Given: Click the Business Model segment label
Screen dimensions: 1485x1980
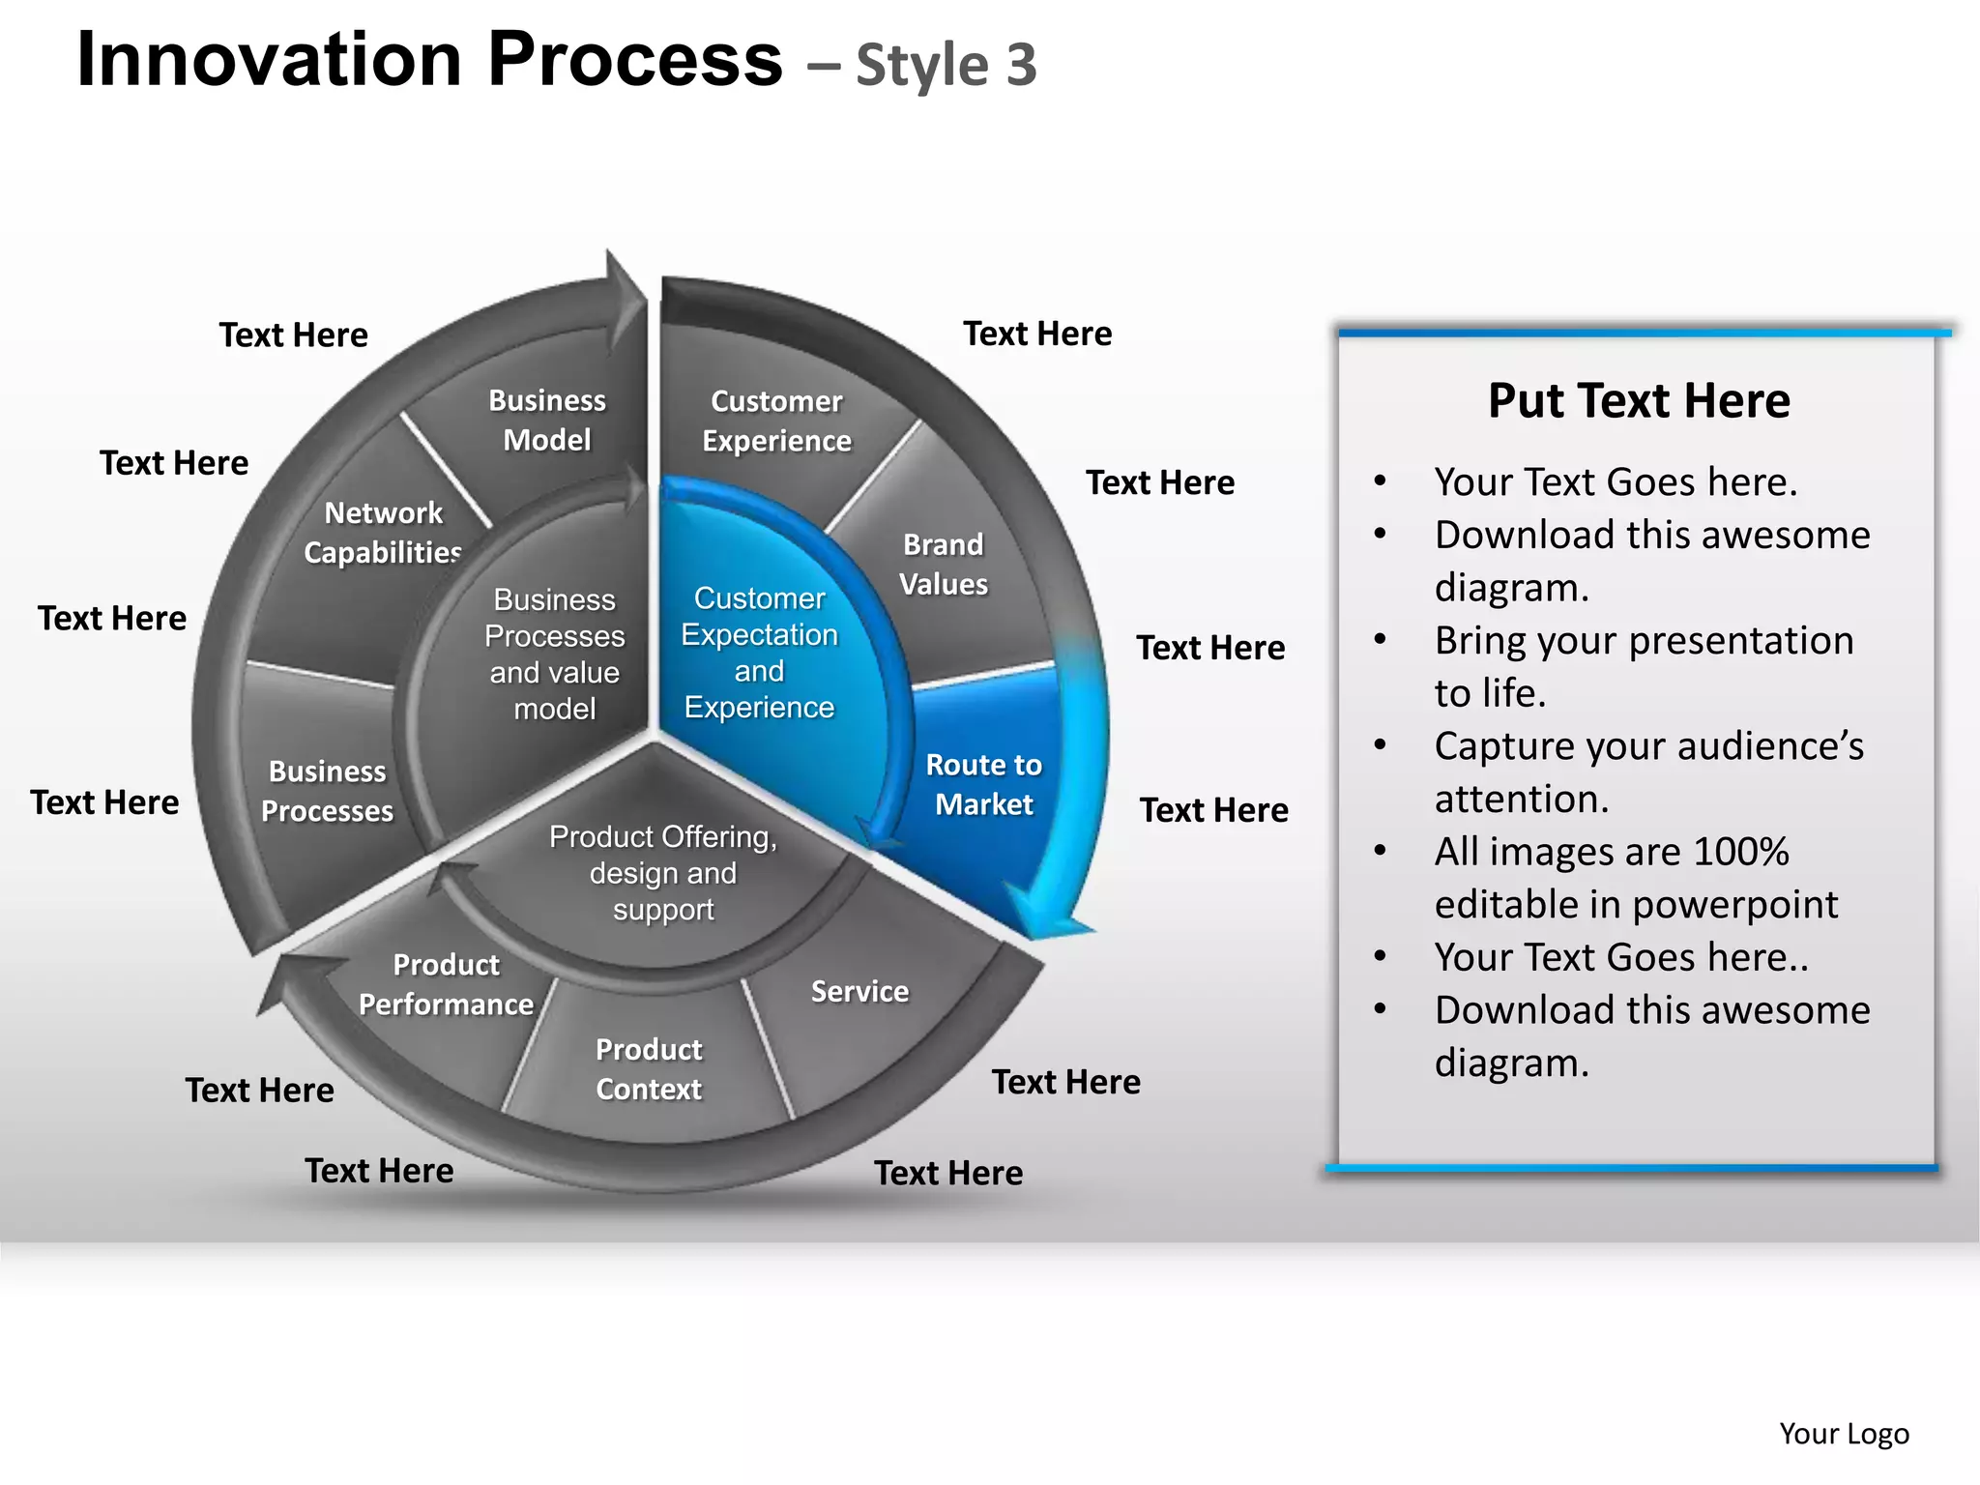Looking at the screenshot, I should [x=546, y=421].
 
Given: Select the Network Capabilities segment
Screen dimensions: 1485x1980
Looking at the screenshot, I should [x=383, y=533].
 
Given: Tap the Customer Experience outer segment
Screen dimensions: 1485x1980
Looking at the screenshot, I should [x=776, y=421].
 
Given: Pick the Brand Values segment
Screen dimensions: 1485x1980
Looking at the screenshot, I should [x=944, y=565].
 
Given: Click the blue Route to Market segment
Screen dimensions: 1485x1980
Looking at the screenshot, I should [x=983, y=784].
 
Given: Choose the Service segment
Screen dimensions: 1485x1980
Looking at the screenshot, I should [x=859, y=992].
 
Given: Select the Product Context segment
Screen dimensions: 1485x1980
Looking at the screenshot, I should [x=648, y=1069].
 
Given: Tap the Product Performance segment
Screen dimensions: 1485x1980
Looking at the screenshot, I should [x=446, y=984].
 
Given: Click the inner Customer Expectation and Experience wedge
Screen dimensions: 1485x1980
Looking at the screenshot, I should [x=759, y=653].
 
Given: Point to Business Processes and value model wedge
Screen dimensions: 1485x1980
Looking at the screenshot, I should [x=554, y=655].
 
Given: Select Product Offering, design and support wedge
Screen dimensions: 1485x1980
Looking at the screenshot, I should [x=662, y=873].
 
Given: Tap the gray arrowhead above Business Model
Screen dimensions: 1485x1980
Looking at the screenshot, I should [x=624, y=290].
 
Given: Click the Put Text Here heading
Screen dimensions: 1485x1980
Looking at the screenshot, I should [x=1639, y=400].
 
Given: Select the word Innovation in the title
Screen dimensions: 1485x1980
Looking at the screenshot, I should [x=269, y=60].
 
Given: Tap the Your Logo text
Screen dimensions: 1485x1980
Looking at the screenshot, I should [x=1844, y=1434].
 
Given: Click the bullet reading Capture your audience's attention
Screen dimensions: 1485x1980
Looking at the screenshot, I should [x=1648, y=772].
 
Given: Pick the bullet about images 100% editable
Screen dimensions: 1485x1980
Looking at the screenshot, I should [x=1636, y=878].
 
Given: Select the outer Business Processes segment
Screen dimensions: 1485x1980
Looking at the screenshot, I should [x=327, y=791].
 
